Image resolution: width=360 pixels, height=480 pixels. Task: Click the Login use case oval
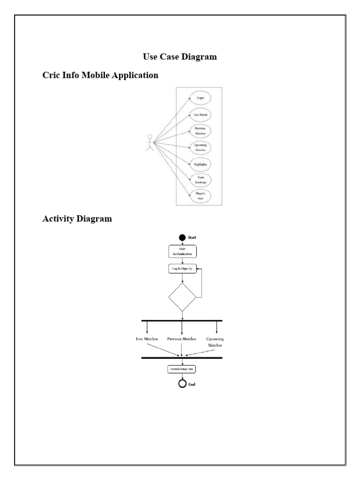pyautogui.click(x=200, y=97)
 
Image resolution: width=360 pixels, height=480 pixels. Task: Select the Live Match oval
pyautogui.click(x=200, y=114)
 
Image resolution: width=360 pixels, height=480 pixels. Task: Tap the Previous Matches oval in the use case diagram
pyautogui.click(x=200, y=131)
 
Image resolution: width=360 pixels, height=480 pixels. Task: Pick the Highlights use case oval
pyautogui.click(x=200, y=165)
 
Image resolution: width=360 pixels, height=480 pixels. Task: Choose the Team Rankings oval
pyautogui.click(x=200, y=180)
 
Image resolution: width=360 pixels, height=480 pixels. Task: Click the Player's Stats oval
pyautogui.click(x=200, y=196)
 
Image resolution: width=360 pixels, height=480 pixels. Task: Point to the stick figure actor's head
pyautogui.click(x=150, y=137)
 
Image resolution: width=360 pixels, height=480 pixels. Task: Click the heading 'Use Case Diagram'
pyautogui.click(x=180, y=57)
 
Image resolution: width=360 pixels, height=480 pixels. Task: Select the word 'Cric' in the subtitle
pyautogui.click(x=52, y=75)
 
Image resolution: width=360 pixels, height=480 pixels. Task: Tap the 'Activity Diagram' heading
pyautogui.click(x=77, y=219)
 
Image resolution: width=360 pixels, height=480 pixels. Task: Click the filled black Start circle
pyautogui.click(x=182, y=238)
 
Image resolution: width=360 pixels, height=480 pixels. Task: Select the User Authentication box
pyautogui.click(x=182, y=251)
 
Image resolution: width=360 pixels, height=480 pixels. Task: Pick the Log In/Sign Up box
pyautogui.click(x=182, y=269)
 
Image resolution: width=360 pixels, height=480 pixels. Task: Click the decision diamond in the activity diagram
pyautogui.click(x=182, y=297)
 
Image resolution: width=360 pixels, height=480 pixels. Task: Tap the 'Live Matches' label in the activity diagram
pyautogui.click(x=147, y=338)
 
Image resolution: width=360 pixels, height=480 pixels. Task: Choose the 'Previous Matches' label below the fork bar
pyautogui.click(x=181, y=338)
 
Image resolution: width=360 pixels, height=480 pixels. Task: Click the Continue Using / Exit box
pyautogui.click(x=182, y=369)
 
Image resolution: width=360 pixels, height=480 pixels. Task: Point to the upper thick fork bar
pyautogui.click(x=182, y=321)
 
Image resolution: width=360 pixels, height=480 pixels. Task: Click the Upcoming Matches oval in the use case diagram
pyautogui.click(x=200, y=147)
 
